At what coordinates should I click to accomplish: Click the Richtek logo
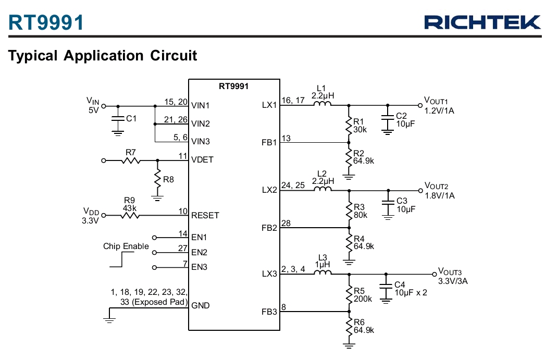(482, 22)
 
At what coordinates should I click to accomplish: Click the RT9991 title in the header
(46, 22)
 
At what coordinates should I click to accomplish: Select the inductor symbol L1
(323, 103)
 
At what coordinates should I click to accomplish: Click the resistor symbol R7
(131, 160)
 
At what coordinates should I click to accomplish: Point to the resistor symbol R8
(158, 179)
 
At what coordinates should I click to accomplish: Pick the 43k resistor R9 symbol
(130, 215)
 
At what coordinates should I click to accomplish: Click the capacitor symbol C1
(118, 118)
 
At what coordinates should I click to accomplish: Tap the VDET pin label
(202, 160)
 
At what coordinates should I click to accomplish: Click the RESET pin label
(205, 216)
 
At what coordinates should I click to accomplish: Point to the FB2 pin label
(269, 228)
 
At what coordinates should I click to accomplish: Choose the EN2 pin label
(199, 253)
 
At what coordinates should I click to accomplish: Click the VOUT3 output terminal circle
(434, 274)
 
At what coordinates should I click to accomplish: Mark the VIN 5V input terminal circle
(104, 106)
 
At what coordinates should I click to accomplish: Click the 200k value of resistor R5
(363, 299)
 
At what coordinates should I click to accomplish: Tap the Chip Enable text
(126, 246)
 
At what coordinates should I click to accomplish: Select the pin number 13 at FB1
(286, 138)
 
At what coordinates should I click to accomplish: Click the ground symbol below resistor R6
(349, 345)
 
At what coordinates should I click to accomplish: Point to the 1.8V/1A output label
(440, 196)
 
